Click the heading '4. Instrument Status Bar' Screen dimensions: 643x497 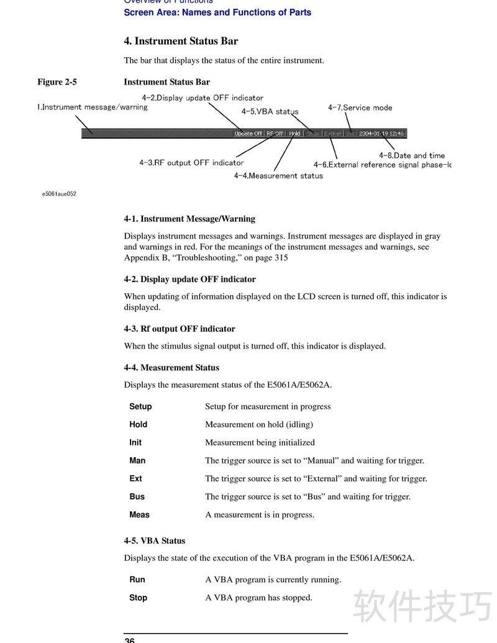point(181,42)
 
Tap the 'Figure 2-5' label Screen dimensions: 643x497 point(57,82)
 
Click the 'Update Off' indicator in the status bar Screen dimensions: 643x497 point(248,134)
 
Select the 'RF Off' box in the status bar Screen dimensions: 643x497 point(275,134)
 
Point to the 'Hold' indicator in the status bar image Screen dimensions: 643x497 point(295,134)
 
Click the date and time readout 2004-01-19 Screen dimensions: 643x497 point(381,134)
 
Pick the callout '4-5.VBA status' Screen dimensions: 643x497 point(270,112)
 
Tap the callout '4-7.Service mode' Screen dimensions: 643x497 point(360,107)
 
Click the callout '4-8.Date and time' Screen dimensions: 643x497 point(412,155)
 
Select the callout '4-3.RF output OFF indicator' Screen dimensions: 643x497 point(191,163)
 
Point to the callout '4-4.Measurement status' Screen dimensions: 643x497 point(278,176)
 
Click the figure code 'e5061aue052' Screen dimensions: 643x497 point(59,194)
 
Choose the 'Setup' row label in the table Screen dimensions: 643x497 point(140,407)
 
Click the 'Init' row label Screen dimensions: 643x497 point(135,443)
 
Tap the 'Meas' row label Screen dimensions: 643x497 point(139,515)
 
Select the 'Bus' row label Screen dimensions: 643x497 point(137,497)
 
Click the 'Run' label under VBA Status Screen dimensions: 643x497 point(137,580)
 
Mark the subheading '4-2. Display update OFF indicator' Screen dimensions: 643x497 point(189,280)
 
